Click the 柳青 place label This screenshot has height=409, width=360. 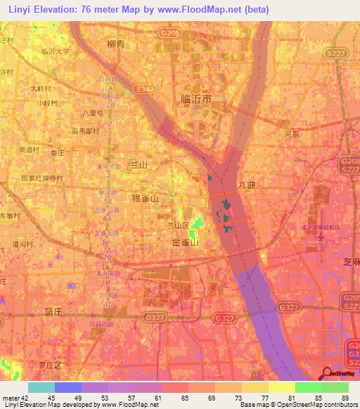tap(116, 44)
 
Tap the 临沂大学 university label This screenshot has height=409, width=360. tap(56, 51)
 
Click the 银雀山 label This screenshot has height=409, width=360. tap(146, 199)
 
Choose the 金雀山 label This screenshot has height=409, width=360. tap(185, 241)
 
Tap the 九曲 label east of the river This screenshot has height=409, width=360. tap(246, 185)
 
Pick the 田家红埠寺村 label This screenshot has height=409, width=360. tap(42, 178)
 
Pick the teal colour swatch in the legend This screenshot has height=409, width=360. tap(41, 387)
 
